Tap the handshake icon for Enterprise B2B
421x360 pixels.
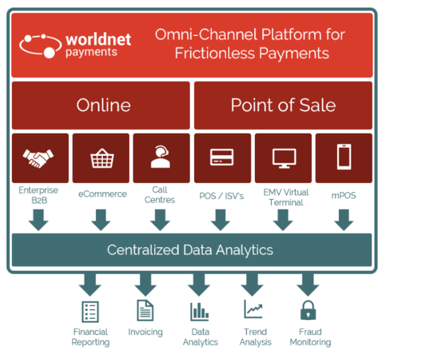tap(38, 159)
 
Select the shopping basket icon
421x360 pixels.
tap(102, 159)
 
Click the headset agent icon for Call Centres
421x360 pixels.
tap(161, 157)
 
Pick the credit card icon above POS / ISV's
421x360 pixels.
tap(222, 157)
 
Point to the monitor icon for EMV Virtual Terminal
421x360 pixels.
tap(284, 159)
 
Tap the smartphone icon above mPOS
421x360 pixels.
tap(344, 157)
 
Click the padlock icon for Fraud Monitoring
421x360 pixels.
tap(308, 310)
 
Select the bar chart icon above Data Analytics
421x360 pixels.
tap(200, 311)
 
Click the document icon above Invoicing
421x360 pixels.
tap(145, 310)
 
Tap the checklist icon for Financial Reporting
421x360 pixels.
tap(90, 312)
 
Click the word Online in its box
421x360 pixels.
tap(104, 105)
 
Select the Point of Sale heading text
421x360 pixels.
tap(283, 105)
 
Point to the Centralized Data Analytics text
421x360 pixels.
tap(190, 249)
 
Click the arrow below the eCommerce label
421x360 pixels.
tap(101, 220)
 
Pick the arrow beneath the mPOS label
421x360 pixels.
tap(344, 220)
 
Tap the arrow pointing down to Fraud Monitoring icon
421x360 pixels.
tap(308, 285)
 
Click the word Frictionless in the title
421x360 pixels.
tap(215, 53)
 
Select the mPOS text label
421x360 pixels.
tap(344, 196)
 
